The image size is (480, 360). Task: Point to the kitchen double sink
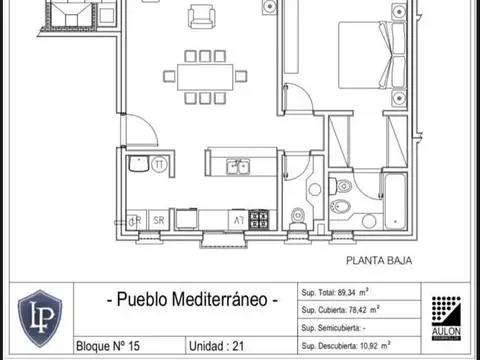click(237, 167)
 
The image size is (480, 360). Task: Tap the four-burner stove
click(259, 218)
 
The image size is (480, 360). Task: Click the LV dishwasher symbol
click(238, 219)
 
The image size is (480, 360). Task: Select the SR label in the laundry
click(158, 219)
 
